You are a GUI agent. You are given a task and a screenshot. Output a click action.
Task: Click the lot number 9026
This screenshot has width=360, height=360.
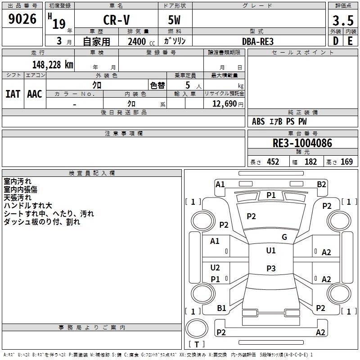click(x=22, y=19)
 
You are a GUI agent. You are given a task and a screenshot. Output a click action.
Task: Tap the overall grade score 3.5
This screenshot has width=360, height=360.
click(x=342, y=20)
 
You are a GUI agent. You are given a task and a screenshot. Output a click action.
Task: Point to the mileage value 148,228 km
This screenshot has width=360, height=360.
click(x=52, y=64)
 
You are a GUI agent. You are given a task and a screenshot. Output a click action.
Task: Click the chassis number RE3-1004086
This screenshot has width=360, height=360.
click(x=302, y=144)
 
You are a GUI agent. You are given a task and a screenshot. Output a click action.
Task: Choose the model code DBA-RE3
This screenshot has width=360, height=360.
click(x=257, y=41)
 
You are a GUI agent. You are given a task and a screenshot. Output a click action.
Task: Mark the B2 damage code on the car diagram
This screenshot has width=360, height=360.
click(x=321, y=184)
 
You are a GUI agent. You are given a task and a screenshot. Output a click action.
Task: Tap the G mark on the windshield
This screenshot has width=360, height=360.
click(x=284, y=237)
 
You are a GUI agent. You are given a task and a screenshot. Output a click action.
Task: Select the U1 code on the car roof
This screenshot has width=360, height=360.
click(x=270, y=251)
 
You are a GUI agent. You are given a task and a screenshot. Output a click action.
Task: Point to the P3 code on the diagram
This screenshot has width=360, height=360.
click(x=270, y=269)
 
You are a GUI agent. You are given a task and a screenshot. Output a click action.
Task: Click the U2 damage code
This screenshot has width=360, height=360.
click(x=215, y=268)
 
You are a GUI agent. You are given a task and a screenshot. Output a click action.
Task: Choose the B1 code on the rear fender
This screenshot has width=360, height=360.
click(x=221, y=308)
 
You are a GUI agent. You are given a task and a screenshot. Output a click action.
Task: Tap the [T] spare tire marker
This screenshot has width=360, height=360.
click(x=196, y=345)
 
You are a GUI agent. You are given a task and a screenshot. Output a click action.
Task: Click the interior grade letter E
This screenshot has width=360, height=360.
click(x=350, y=40)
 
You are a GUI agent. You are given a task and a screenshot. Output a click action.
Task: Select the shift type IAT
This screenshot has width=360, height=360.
click(x=13, y=94)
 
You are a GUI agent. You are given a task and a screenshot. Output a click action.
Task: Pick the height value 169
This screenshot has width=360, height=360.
click(x=346, y=162)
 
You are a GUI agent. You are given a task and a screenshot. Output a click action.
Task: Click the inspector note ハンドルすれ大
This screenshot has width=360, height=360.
click(x=28, y=206)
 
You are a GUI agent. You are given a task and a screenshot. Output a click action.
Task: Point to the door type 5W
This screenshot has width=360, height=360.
click(x=175, y=20)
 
